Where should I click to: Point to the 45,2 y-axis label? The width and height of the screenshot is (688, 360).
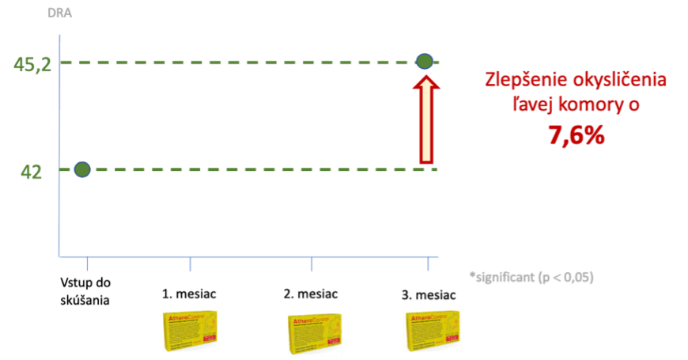click(32, 64)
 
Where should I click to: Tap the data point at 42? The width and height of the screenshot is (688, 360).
click(82, 169)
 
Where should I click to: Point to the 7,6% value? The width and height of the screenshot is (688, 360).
click(576, 136)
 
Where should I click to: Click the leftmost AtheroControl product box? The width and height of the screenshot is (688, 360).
click(190, 331)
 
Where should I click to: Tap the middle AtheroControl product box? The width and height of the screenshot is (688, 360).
click(313, 333)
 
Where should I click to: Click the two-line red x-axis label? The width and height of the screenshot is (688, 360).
click(86, 290)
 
